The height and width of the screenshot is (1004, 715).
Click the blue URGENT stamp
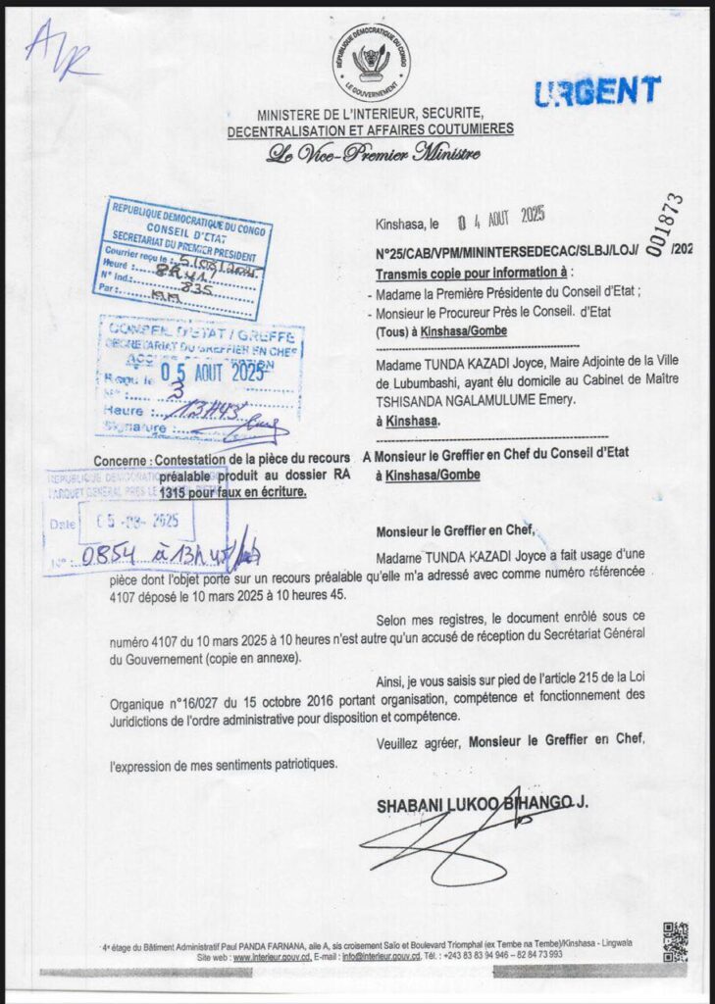pyautogui.click(x=597, y=91)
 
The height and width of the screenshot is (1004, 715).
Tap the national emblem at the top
pyautogui.click(x=371, y=61)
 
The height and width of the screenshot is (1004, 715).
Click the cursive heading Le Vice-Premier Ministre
pyautogui.click(x=370, y=154)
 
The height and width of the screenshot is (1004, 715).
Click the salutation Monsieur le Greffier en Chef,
pyautogui.click(x=455, y=531)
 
